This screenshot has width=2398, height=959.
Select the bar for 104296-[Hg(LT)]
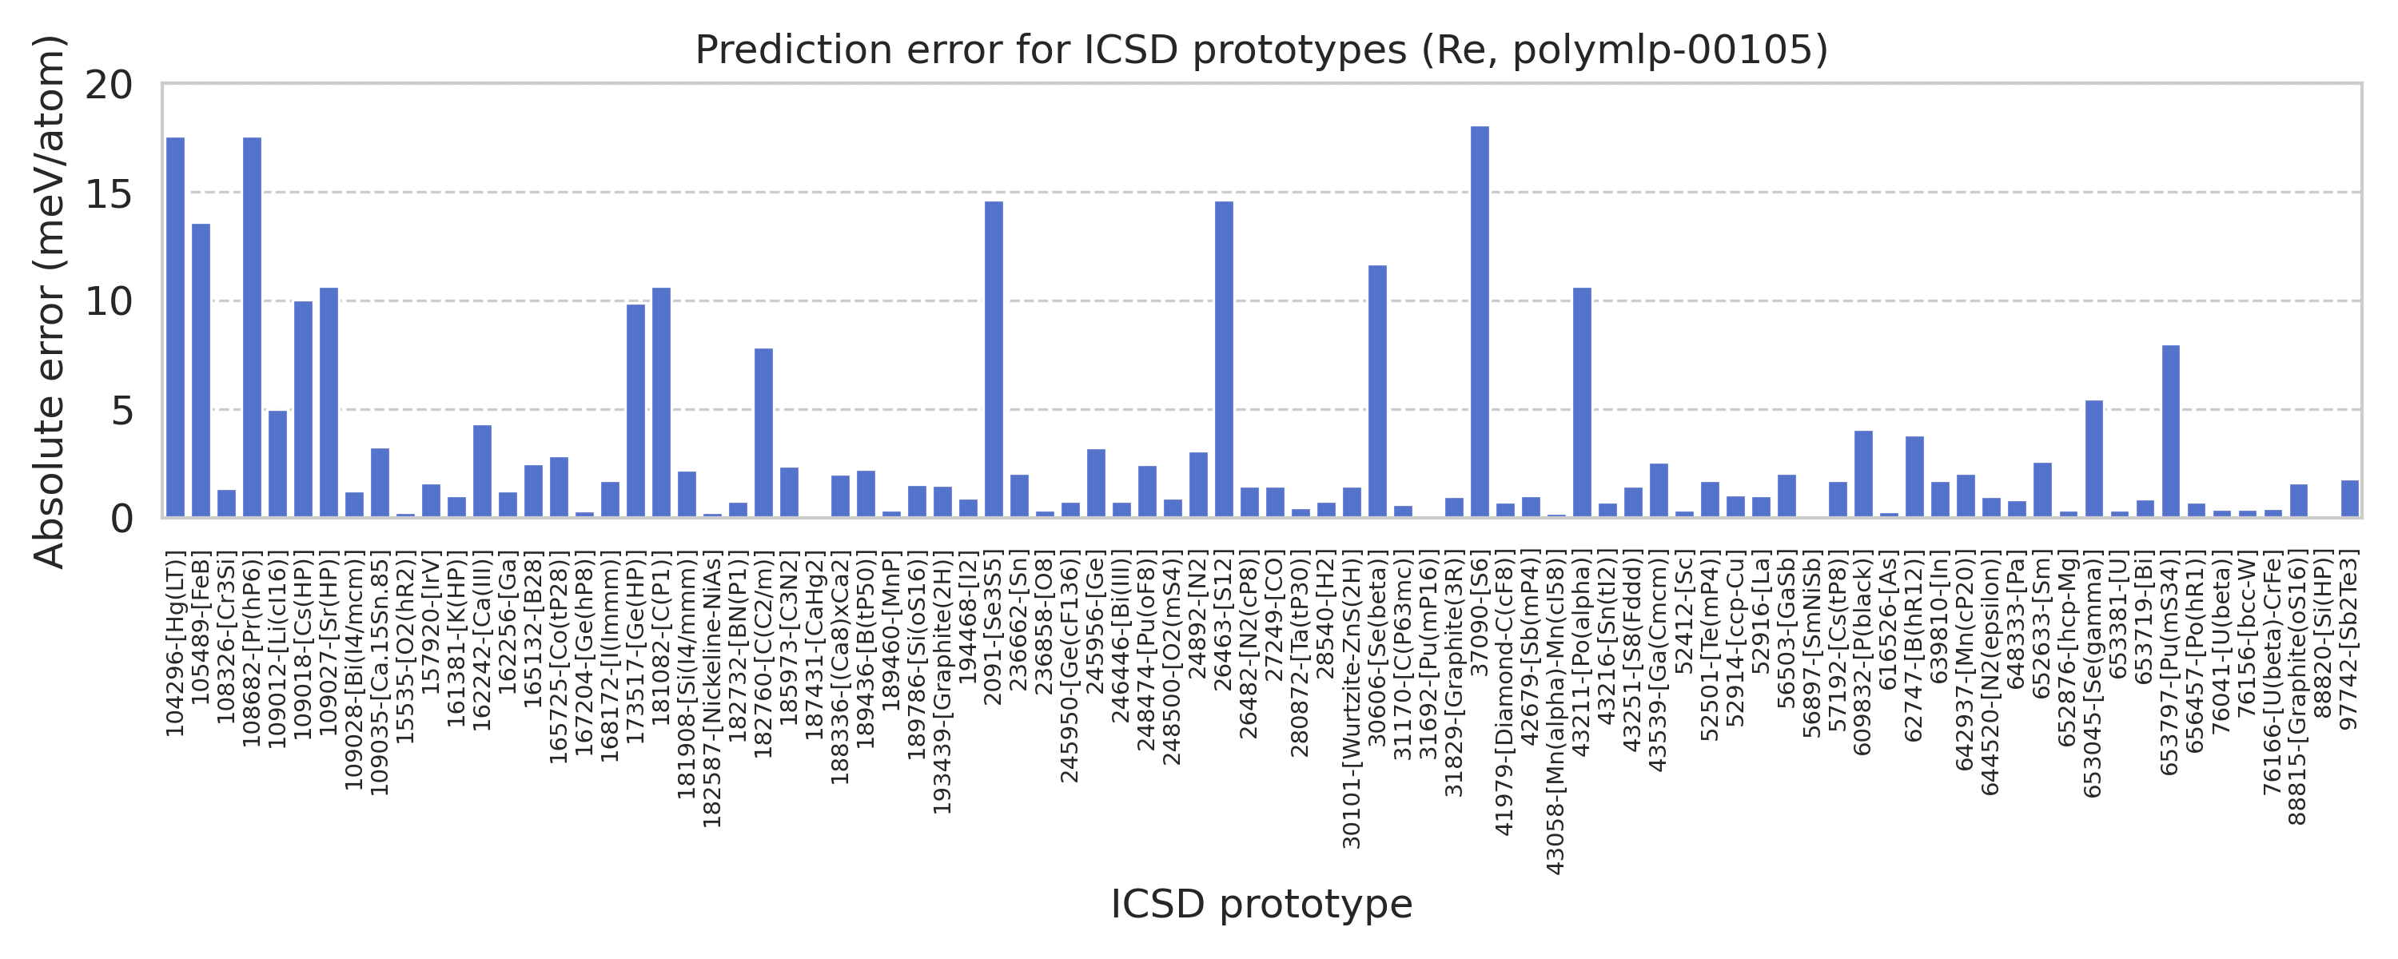pos(175,327)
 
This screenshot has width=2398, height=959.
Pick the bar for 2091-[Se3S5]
pos(994,359)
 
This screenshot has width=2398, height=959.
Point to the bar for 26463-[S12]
pos(1224,359)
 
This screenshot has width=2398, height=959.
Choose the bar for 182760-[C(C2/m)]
pos(763,433)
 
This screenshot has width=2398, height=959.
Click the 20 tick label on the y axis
pos(109,86)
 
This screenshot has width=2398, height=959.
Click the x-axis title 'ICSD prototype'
pos(1261,904)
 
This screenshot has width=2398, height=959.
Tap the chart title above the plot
pos(1261,50)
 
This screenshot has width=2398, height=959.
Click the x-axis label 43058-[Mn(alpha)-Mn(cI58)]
pos(1556,713)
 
